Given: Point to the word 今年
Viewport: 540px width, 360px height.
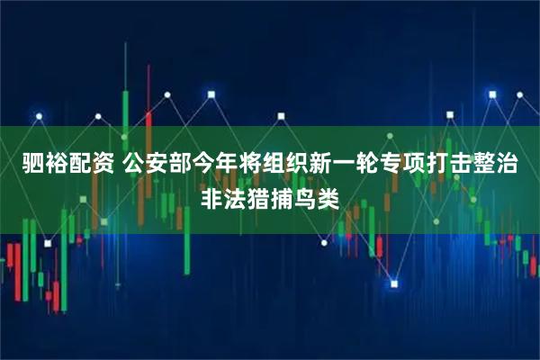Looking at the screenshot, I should [214, 165].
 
